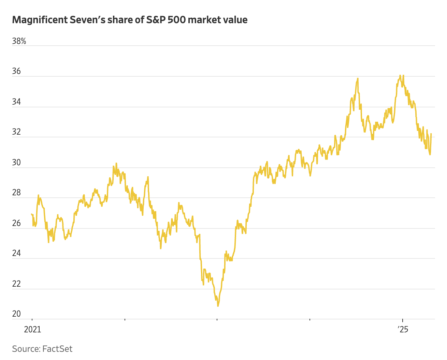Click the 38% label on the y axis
click(19, 41)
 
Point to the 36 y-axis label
click(16, 72)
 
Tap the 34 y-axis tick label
click(16, 102)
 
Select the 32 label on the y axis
click(16, 132)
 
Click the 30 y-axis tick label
click(16, 163)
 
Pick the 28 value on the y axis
click(16, 193)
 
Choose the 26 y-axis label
click(16, 223)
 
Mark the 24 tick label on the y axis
click(16, 253)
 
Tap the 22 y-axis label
click(16, 284)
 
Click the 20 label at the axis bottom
click(16, 314)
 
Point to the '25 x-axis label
click(403, 330)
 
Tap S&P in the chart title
click(156, 20)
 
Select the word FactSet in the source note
click(57, 349)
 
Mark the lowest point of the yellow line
click(218, 306)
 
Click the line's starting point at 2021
click(31, 214)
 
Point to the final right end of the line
click(431, 134)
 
